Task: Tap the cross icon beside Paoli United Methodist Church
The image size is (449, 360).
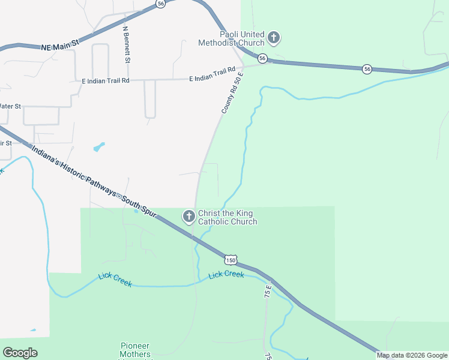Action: (x=274, y=39)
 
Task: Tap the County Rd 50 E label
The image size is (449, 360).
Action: (x=232, y=92)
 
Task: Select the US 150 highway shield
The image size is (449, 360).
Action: (x=231, y=259)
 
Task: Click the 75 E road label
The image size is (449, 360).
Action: (x=268, y=292)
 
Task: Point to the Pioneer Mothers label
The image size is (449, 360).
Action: (x=135, y=346)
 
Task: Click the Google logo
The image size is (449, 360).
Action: (x=20, y=353)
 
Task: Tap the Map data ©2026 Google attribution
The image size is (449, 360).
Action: (x=412, y=355)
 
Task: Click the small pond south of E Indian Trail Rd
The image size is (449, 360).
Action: (x=98, y=146)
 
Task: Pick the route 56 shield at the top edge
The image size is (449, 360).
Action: (x=160, y=3)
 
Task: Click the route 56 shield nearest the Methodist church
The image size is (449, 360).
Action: (x=262, y=58)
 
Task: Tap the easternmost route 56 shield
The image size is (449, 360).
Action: (x=367, y=70)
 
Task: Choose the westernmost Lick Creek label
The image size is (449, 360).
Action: (x=115, y=280)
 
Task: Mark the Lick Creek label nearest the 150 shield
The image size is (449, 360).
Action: (x=226, y=274)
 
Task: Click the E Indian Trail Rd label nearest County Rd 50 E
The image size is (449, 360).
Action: (x=211, y=75)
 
